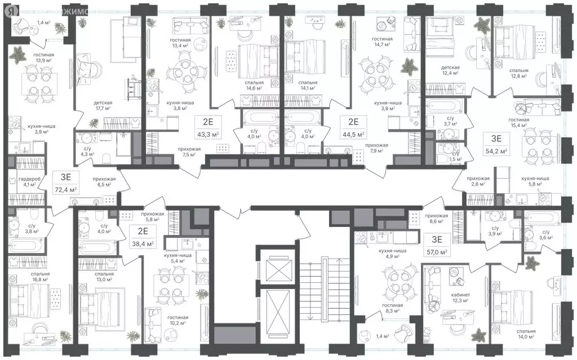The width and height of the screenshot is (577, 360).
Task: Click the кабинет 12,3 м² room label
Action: [460, 297]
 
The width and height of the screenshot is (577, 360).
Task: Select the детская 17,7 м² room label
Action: [103, 106]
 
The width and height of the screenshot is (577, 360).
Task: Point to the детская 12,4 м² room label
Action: [450, 70]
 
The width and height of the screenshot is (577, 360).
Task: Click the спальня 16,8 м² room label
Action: [41, 277]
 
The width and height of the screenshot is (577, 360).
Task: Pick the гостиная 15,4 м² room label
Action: [519, 123]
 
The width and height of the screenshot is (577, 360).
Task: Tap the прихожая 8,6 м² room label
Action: [437, 219]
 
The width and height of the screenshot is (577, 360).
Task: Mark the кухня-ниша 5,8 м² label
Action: [535, 181]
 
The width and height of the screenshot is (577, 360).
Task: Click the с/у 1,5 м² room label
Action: [455, 157]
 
